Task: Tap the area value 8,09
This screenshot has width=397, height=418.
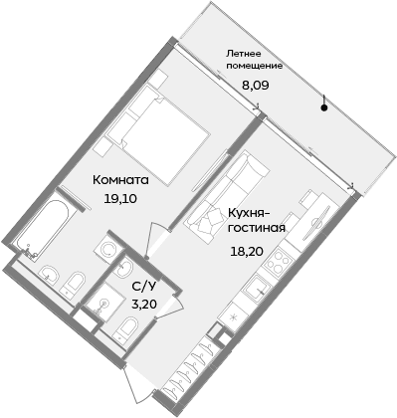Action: (256, 86)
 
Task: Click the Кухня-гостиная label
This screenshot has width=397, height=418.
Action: (258, 219)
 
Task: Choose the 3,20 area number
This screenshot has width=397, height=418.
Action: (143, 305)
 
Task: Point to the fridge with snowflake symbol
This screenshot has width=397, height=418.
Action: (233, 316)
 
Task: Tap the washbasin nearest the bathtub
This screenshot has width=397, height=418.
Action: (48, 272)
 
